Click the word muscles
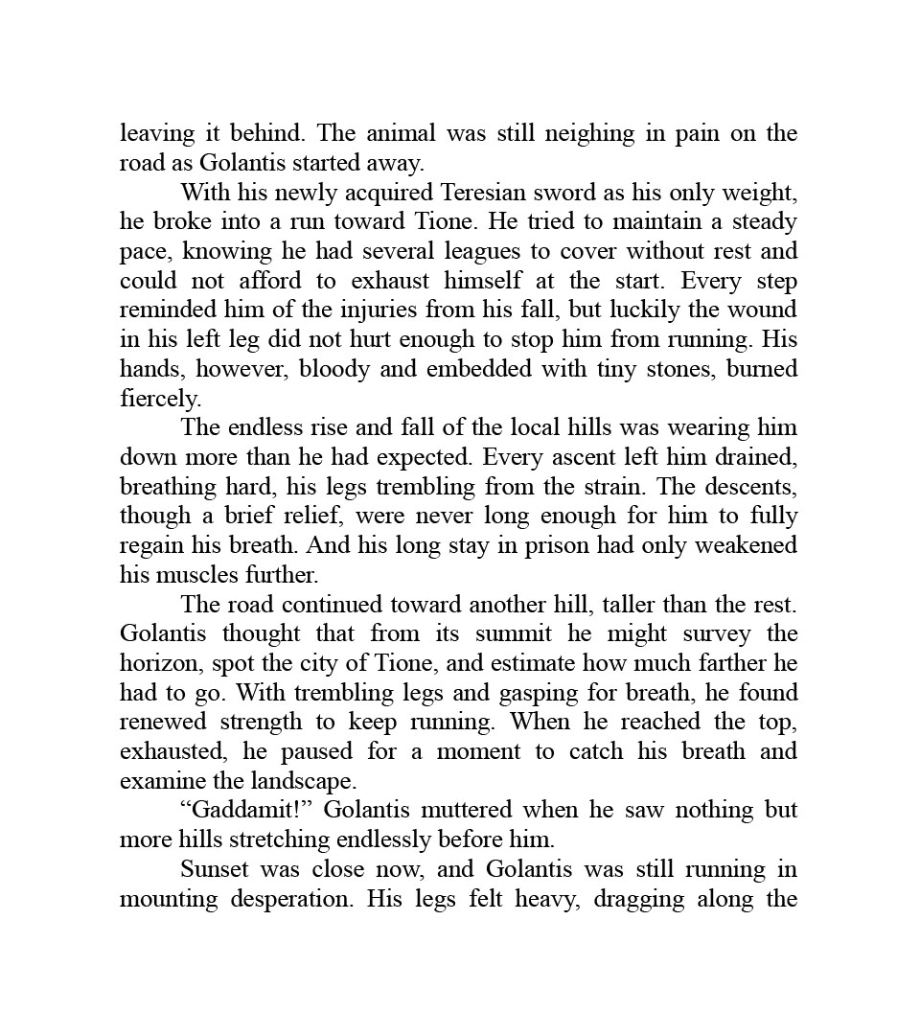click(218, 575)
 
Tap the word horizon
click(159, 663)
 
